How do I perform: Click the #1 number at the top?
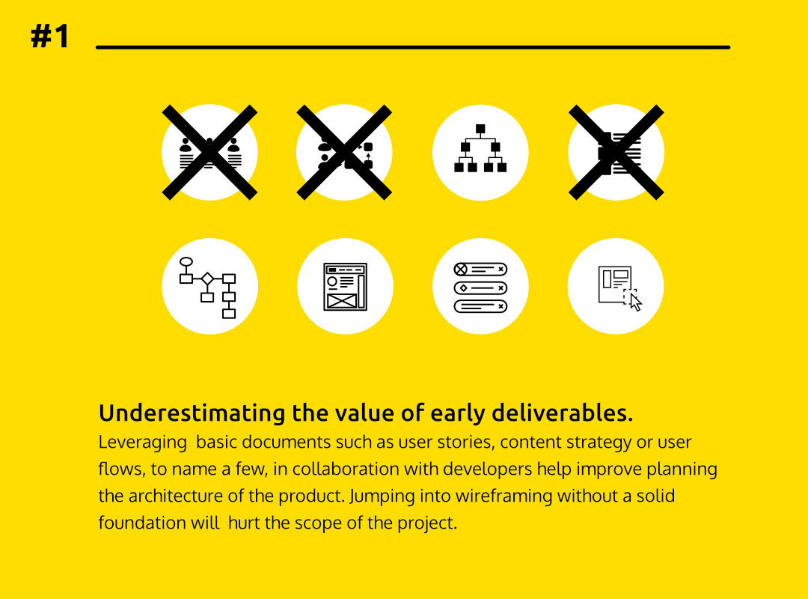(50, 36)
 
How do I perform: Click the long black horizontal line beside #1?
(413, 47)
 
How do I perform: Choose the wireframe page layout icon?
(345, 287)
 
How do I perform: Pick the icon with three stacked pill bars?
(480, 288)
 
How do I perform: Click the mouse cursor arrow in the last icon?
(636, 302)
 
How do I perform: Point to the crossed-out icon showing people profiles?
(209, 152)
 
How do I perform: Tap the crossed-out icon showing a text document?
(616, 152)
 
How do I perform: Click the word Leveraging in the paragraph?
(143, 443)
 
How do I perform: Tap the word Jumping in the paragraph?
(382, 496)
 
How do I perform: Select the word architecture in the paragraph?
(175, 496)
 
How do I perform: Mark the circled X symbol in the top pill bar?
(461, 270)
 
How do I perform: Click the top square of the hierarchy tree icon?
(480, 129)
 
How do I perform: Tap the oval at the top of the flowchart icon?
(186, 261)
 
